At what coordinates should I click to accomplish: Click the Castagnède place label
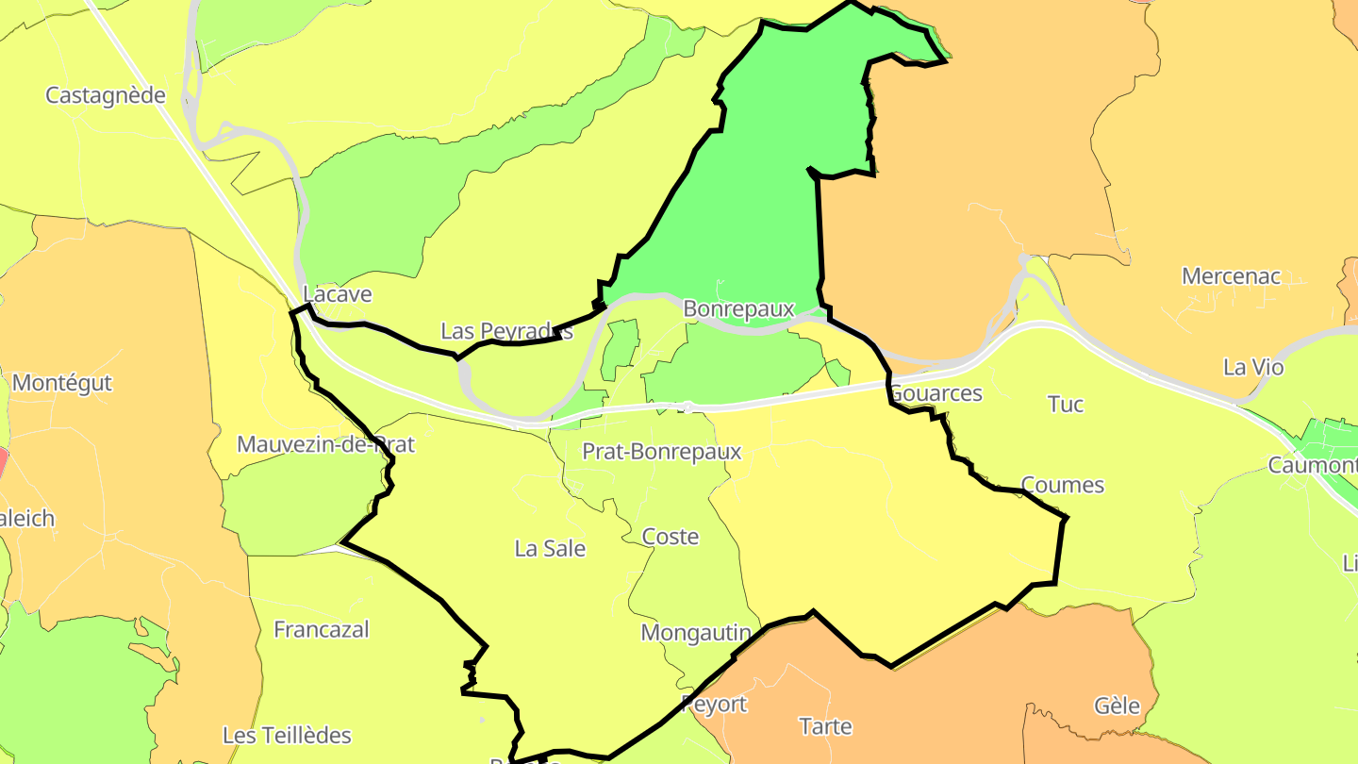[x=106, y=95]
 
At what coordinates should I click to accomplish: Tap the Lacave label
[x=338, y=294]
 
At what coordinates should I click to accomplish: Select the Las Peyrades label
[x=506, y=331]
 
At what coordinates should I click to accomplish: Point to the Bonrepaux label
[x=738, y=308]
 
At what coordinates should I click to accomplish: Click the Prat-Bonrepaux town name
[x=662, y=452]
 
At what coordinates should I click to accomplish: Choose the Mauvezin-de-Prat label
[x=325, y=444]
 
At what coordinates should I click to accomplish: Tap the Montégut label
[x=62, y=383]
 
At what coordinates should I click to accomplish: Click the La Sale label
[x=550, y=548]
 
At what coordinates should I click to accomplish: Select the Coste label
[x=671, y=537]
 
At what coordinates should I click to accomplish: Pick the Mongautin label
[x=696, y=632]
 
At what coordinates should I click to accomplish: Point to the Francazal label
[x=322, y=629]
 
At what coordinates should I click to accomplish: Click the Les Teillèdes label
[x=287, y=735]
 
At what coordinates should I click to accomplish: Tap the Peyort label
[x=714, y=704]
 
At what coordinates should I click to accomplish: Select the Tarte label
[x=825, y=726]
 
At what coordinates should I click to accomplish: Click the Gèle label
[x=1118, y=706]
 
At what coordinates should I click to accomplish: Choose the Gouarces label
[x=936, y=393]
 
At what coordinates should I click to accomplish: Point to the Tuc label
[x=1066, y=405]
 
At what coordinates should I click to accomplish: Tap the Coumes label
[x=1063, y=485]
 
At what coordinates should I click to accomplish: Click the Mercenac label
[x=1232, y=276]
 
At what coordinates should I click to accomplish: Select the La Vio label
[x=1253, y=367]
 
